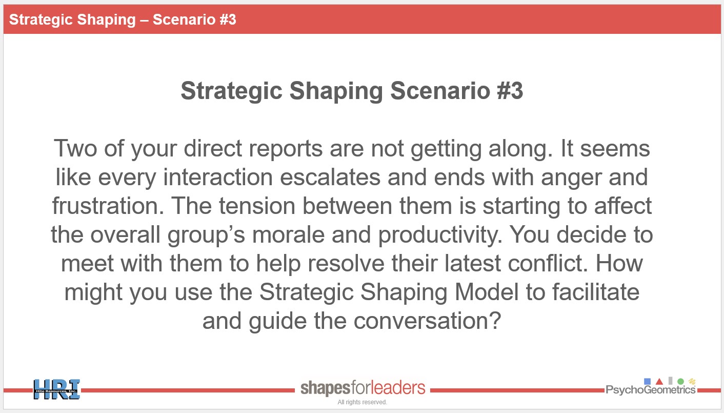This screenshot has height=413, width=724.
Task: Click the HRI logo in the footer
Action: (x=57, y=389)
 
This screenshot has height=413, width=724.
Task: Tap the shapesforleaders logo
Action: (x=363, y=388)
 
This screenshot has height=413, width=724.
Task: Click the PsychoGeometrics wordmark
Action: (x=650, y=390)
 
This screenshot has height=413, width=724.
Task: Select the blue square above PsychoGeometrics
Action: (x=647, y=381)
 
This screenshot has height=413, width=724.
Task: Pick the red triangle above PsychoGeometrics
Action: (x=659, y=382)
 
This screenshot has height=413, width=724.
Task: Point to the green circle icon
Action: (x=681, y=382)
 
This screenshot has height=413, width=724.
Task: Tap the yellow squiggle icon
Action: (x=692, y=382)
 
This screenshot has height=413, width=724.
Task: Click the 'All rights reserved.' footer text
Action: (x=363, y=402)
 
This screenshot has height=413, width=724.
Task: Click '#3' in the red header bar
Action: (x=228, y=19)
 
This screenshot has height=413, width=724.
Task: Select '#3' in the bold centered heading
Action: (x=510, y=91)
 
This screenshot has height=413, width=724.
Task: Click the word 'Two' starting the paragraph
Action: (x=75, y=148)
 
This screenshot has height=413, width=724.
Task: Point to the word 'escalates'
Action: (x=330, y=177)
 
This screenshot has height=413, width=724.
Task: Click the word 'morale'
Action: (x=288, y=234)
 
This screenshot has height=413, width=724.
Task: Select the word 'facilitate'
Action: (x=596, y=292)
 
